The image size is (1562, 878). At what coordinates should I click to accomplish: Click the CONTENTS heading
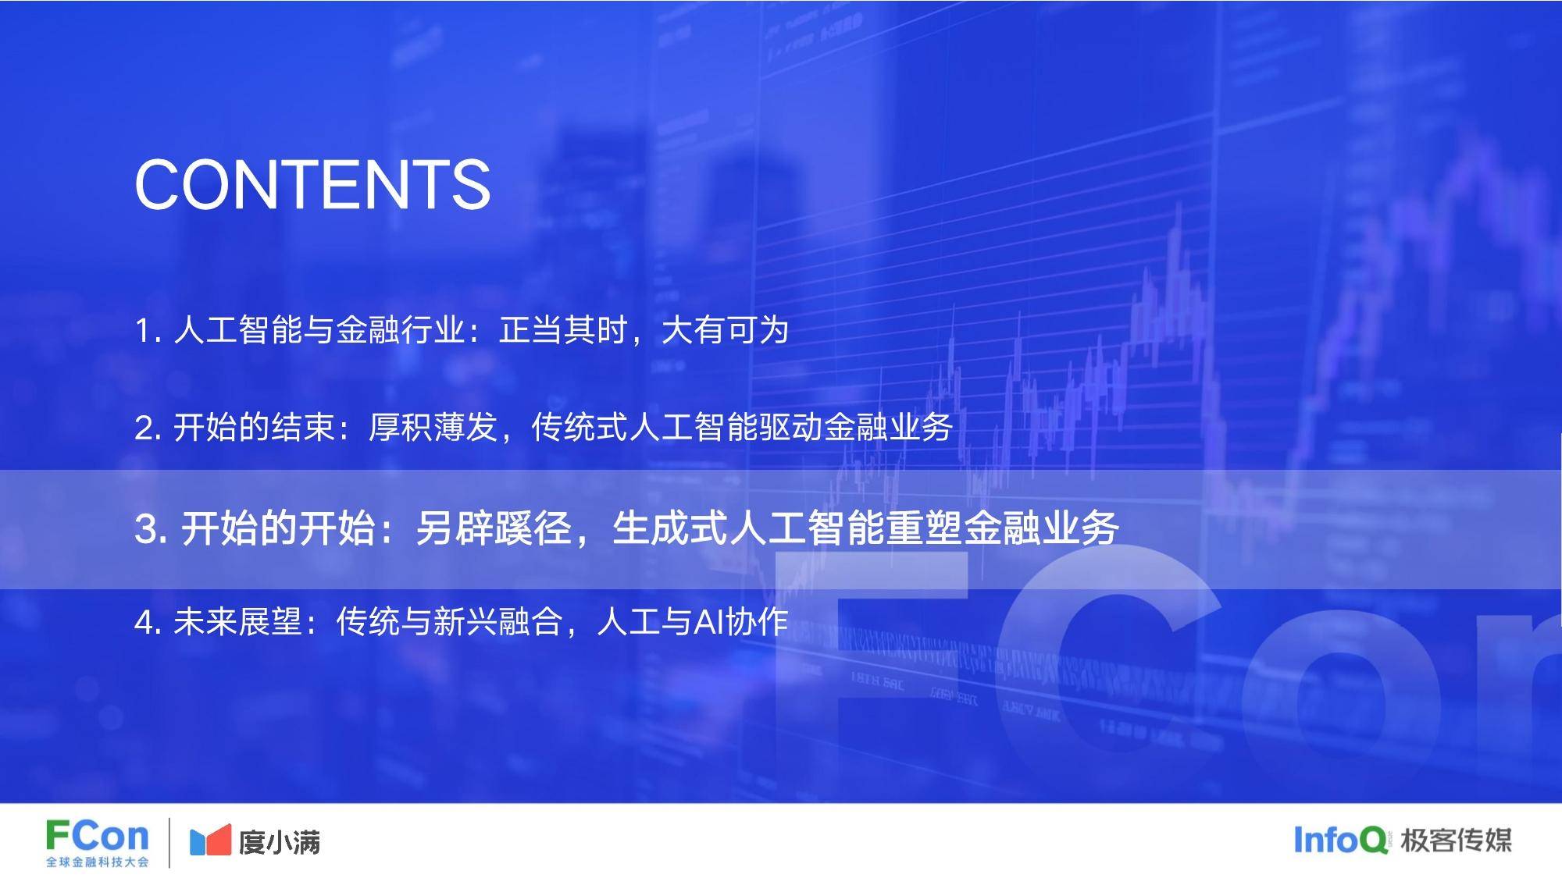pos(312,184)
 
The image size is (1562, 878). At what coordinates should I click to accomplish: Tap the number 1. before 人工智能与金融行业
pos(148,331)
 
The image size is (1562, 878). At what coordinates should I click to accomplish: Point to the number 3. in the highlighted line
pos(152,529)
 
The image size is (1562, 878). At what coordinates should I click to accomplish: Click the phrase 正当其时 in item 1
pos(563,330)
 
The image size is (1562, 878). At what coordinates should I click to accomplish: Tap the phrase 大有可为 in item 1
pos(725,330)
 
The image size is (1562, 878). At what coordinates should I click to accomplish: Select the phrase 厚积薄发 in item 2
pos(433,428)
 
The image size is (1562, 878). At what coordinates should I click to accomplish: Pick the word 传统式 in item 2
pos(580,428)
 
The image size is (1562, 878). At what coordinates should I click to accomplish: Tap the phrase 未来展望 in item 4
pos(237,622)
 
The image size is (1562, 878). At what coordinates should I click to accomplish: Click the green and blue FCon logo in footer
pos(97,837)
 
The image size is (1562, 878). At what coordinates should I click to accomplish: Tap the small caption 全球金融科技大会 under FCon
pos(97,862)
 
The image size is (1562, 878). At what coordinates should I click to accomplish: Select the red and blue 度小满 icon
pos(210,840)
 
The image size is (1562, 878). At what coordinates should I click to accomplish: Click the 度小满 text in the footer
pos(280,842)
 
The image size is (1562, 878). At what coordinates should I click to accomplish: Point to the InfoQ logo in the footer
pos(1341,840)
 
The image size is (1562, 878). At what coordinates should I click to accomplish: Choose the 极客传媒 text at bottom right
pos(1456,840)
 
